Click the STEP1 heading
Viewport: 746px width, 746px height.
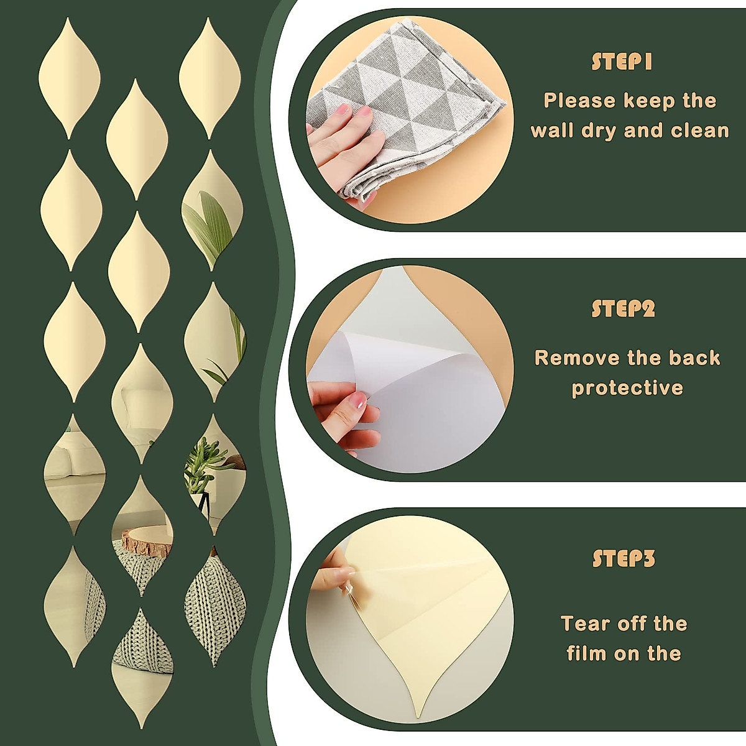[x=621, y=62]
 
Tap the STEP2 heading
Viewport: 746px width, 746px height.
[x=623, y=309]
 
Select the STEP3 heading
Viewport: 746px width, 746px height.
[x=624, y=558]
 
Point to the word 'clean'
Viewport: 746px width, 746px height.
[x=699, y=131]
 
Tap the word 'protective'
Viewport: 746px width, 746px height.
[x=627, y=389]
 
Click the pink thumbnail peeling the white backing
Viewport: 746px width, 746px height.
[x=357, y=401]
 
